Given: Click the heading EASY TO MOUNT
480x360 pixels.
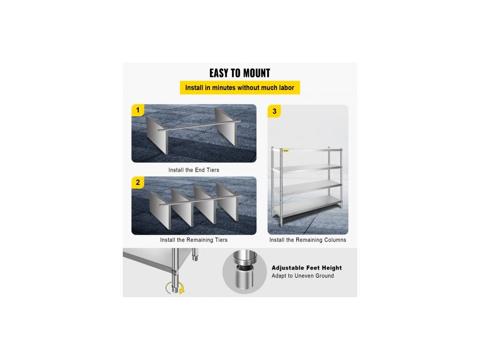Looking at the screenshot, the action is click(240, 73).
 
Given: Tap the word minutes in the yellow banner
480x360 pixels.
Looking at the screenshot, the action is click(224, 88).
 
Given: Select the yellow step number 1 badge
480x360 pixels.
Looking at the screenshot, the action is click(138, 110).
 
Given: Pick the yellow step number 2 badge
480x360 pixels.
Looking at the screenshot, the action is click(138, 182).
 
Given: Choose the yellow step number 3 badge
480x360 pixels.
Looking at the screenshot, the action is click(274, 112).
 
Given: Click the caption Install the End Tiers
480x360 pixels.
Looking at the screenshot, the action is click(194, 170).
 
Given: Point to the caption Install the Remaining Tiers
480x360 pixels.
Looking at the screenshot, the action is click(194, 240).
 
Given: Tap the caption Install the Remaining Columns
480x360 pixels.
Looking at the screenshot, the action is click(307, 240).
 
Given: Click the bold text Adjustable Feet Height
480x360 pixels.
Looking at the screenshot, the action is click(307, 268).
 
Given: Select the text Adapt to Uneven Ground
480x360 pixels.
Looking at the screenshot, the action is click(303, 276).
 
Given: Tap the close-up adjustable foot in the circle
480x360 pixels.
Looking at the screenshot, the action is click(244, 270).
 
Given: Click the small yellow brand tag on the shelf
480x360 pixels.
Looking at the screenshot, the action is click(286, 150).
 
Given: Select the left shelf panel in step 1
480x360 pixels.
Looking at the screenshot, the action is click(157, 135).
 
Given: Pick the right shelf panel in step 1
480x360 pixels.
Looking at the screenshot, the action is click(226, 126).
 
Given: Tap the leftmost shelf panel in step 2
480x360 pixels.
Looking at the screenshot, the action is click(159, 210).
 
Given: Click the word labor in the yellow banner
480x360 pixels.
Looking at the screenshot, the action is click(286, 88).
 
